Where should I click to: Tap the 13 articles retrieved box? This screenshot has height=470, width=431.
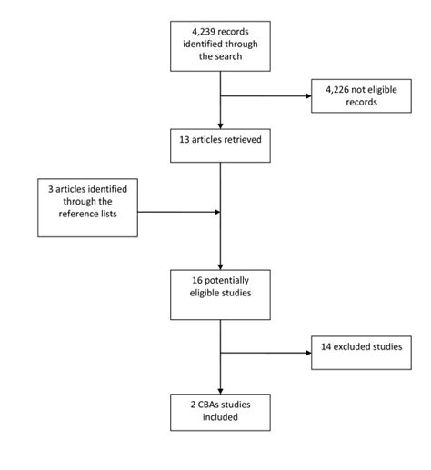click(x=220, y=141)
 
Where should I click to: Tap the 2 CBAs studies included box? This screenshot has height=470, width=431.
click(x=220, y=412)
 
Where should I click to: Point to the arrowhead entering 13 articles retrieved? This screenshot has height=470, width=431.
click(x=220, y=124)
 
